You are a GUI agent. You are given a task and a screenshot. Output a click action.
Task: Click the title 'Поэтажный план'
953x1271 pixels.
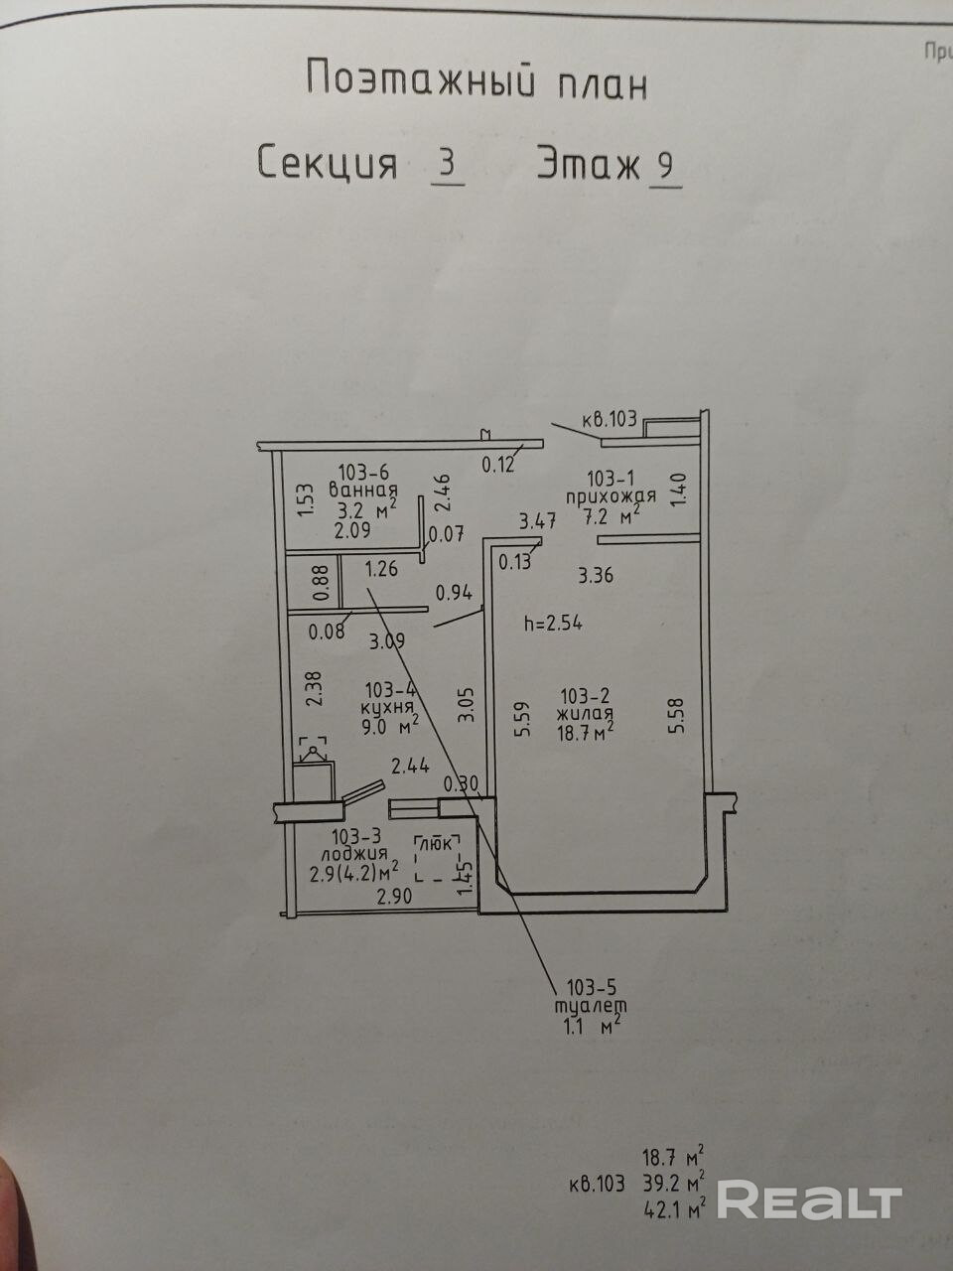tap(476, 79)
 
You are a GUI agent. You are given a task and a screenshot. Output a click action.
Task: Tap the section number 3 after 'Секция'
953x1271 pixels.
tap(449, 163)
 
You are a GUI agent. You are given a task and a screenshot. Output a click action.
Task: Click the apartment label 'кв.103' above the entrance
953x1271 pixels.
tap(609, 420)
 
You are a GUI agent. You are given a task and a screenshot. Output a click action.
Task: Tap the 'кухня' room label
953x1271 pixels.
tap(388, 708)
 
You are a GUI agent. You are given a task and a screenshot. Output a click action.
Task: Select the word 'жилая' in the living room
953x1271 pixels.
tap(585, 713)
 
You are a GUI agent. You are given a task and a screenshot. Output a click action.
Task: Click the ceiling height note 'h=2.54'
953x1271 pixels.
tap(553, 624)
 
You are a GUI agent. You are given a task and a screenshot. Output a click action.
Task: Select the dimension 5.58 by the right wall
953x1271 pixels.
tap(678, 714)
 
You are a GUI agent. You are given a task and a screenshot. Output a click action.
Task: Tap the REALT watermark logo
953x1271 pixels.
tap(808, 1200)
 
